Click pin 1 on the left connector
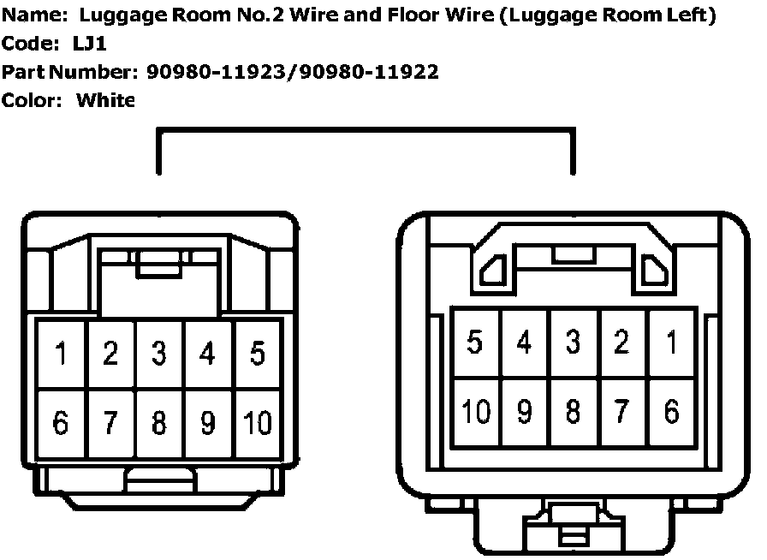[61, 353]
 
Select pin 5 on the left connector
[257, 353]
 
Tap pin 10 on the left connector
[257, 421]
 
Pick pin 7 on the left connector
[110, 421]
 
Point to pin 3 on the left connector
[158, 353]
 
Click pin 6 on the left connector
[61, 421]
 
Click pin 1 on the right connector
[671, 343]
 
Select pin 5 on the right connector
[475, 343]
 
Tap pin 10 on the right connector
[475, 411]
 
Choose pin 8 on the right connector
[573, 411]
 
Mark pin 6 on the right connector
[671, 411]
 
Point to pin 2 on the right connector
[622, 343]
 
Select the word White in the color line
[106, 100]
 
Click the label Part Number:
[69, 72]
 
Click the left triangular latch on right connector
[492, 271]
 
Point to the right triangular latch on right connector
[654, 271]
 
